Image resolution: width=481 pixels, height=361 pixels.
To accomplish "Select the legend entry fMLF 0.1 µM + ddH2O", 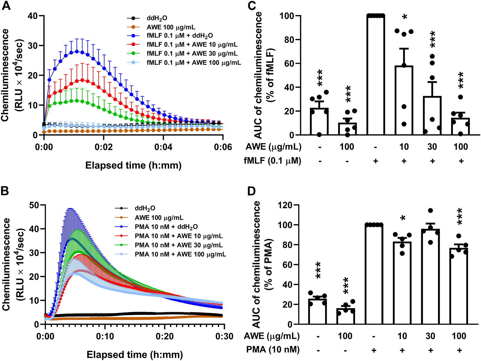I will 180,36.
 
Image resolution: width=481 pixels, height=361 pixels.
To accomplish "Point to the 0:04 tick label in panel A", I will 163,147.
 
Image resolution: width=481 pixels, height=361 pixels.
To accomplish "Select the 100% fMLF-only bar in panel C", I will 376,75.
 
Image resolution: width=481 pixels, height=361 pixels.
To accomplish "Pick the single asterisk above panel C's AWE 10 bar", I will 405,17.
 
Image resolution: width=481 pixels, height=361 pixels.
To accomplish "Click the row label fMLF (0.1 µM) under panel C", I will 272,161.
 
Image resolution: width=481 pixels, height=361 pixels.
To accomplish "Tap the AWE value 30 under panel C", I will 432,147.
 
